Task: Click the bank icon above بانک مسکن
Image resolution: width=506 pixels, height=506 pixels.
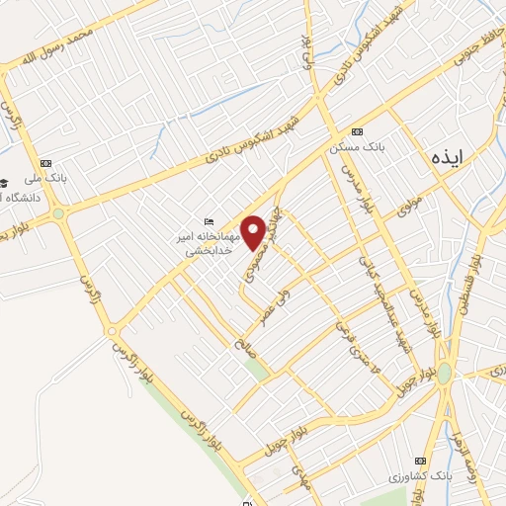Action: tap(357, 131)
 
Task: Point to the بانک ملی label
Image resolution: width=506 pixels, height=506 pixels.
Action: tap(42, 178)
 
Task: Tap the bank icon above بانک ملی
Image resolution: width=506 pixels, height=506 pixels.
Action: tap(43, 163)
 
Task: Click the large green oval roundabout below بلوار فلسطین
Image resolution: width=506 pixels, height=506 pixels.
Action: tap(445, 374)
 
